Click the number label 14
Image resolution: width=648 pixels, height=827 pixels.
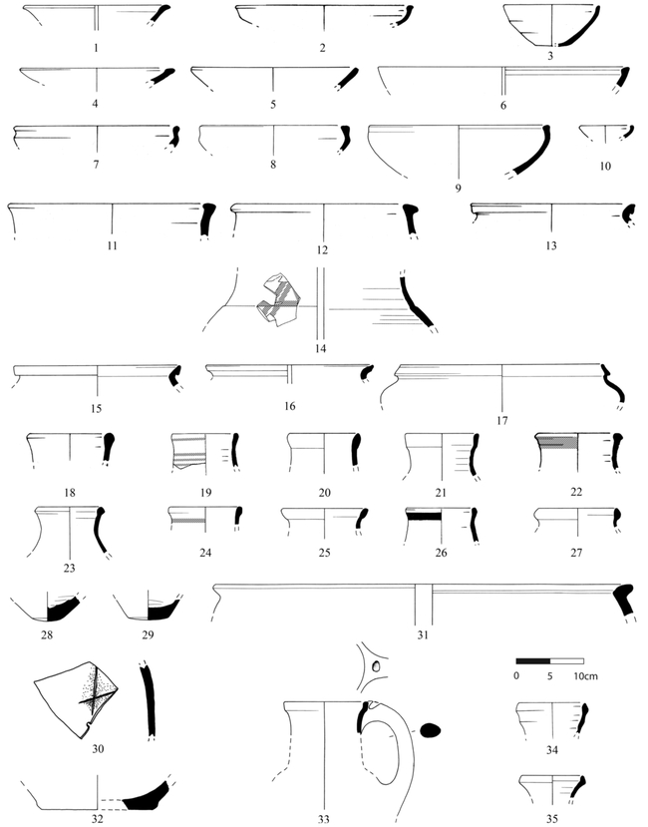(x=321, y=348)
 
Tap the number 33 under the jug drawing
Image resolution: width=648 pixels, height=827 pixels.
(x=323, y=819)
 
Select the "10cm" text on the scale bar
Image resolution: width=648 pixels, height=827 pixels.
(x=586, y=676)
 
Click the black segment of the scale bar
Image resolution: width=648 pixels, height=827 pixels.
(x=533, y=660)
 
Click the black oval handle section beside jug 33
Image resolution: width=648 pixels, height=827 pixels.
(x=432, y=730)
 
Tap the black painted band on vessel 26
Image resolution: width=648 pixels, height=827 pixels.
(x=424, y=516)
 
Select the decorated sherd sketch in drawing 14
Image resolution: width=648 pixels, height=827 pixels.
(x=278, y=299)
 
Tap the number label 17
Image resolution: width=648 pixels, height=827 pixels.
(x=501, y=420)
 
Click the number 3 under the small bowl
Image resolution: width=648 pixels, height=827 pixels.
(x=550, y=56)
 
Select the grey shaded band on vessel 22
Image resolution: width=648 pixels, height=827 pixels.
(x=558, y=442)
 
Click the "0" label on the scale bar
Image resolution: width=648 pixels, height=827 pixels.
(x=516, y=676)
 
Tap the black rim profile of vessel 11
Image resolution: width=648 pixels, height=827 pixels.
(x=206, y=219)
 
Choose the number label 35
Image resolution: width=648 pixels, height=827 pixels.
(x=552, y=819)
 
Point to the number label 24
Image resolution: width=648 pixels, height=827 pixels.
(x=205, y=553)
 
